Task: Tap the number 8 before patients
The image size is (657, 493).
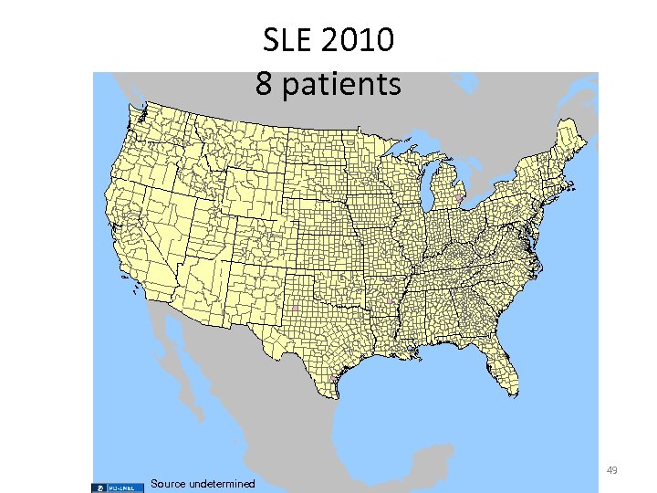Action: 264,84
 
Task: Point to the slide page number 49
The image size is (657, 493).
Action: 611,470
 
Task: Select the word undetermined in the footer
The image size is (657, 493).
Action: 222,483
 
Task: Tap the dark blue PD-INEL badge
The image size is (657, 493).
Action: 119,487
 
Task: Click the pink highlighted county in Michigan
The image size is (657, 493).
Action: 459,197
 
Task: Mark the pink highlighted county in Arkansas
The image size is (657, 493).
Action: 390,300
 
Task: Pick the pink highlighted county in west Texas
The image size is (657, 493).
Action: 296,309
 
